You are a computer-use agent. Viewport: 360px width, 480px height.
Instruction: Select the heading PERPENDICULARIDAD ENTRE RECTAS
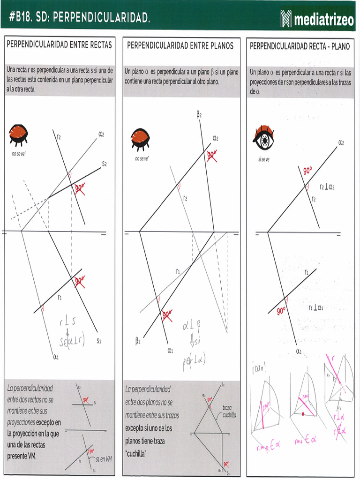[59, 45]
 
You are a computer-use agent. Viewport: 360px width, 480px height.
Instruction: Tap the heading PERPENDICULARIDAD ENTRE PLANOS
[180, 45]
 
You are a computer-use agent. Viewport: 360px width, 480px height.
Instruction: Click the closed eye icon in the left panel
[19, 134]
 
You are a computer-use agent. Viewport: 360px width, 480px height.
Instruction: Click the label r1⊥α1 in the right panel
[319, 307]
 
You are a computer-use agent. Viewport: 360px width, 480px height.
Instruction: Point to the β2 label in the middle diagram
[199, 114]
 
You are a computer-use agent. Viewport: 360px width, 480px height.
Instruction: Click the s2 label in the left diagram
[105, 164]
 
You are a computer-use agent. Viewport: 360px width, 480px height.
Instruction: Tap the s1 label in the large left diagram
[99, 341]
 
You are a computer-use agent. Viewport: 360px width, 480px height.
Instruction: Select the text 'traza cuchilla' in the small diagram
[229, 411]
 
